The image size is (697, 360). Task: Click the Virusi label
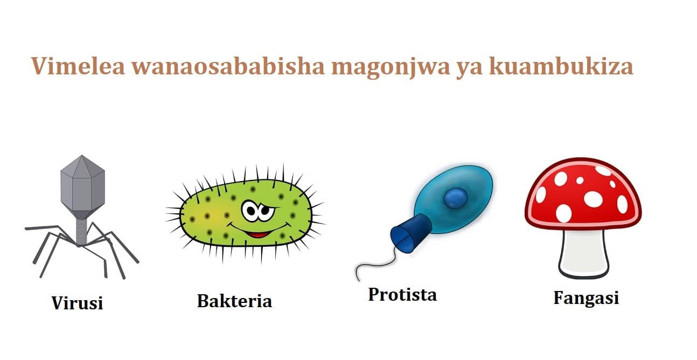point(77,303)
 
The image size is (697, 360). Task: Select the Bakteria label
point(234,300)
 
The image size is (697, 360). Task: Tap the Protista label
point(402,294)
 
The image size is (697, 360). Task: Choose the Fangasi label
point(586,297)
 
